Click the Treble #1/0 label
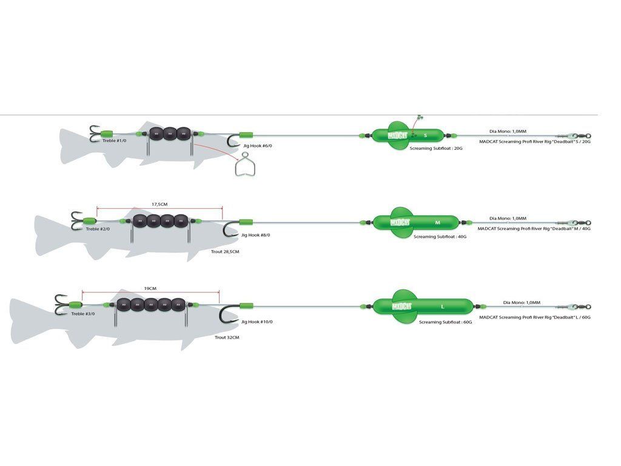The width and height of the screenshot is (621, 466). click(114, 141)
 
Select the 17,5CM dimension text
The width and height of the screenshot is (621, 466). click(159, 204)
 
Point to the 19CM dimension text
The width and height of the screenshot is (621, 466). click(150, 289)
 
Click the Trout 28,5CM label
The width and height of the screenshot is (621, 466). click(225, 251)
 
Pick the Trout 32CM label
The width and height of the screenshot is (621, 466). click(227, 337)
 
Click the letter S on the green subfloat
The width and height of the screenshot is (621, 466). click(425, 135)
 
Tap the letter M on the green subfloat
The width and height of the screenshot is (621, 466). click(437, 223)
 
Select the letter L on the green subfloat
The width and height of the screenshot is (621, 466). click(443, 306)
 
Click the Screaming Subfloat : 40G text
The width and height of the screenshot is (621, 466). click(440, 237)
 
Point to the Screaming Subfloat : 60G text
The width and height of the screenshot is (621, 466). click(445, 322)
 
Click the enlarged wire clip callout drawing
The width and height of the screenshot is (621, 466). click(244, 166)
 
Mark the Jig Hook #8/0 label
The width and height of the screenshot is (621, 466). click(255, 235)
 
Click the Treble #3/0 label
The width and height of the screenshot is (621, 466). click(82, 314)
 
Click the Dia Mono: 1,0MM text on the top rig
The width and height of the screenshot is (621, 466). click(508, 130)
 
